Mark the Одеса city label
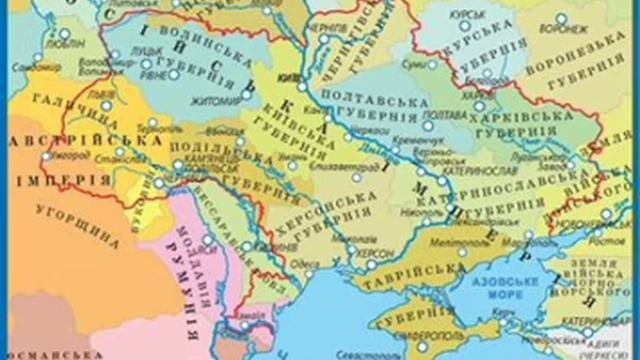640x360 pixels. pyautogui.click(x=303, y=264)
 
